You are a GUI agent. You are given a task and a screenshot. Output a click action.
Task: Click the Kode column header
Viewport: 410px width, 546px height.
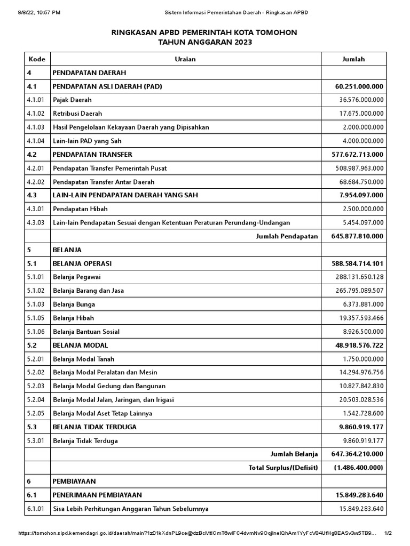click(x=36, y=59)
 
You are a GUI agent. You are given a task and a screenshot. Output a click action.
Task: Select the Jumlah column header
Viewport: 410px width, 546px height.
click(x=353, y=59)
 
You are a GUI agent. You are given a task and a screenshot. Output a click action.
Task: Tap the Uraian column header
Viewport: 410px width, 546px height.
click(x=185, y=59)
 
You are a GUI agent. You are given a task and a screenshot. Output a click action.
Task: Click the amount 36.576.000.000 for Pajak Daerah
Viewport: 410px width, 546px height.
click(x=361, y=100)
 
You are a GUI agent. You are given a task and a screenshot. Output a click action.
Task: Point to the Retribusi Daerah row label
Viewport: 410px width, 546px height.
click(x=77, y=114)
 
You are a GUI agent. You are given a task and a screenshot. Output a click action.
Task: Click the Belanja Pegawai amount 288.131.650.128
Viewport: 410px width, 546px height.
click(x=360, y=277)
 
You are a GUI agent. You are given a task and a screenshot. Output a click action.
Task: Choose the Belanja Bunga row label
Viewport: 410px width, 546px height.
click(x=74, y=304)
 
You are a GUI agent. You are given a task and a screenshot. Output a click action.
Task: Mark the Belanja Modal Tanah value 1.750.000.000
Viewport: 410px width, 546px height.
click(x=363, y=359)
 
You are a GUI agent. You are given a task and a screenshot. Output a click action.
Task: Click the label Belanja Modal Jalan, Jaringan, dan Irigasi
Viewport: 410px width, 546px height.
click(x=113, y=399)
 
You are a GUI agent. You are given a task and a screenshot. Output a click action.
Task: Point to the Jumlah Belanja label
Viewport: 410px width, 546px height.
click(x=294, y=454)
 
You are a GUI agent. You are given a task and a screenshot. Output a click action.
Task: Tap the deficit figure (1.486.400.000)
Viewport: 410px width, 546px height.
click(x=359, y=468)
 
